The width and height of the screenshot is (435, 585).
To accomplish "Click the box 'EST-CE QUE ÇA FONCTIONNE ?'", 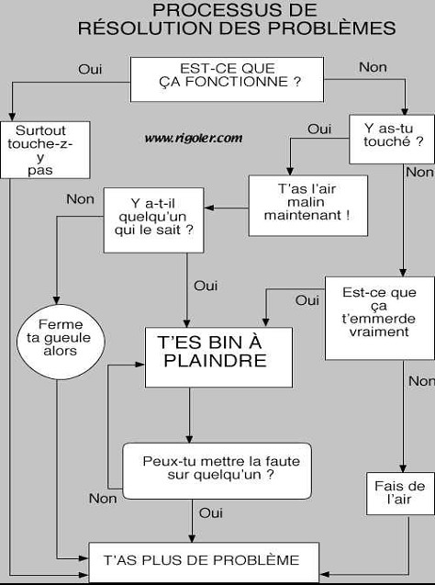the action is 227,80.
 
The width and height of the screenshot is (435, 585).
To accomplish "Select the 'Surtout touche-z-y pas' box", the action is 45,150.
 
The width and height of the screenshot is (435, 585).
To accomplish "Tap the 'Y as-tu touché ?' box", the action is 392,140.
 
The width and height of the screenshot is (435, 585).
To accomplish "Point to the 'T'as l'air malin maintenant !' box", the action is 308,206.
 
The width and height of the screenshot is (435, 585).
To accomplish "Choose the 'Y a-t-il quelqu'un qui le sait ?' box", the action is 153,220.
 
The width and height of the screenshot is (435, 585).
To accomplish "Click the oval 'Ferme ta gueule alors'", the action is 61,342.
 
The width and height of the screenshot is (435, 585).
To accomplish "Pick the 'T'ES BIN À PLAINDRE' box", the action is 218,357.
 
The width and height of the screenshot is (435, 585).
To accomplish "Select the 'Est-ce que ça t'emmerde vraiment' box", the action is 380,319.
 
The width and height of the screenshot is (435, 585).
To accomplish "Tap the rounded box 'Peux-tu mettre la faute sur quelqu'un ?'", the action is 217,471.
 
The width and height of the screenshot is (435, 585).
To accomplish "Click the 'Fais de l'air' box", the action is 400,493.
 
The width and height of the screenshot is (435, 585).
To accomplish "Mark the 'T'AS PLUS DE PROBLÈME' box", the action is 204,562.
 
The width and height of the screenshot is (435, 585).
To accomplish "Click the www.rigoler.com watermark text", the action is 194,138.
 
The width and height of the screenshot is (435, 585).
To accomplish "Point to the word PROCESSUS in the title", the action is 208,10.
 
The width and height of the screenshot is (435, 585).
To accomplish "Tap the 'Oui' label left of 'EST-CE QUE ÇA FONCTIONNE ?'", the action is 90,70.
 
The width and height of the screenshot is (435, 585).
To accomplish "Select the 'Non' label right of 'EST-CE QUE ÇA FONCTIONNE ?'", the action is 373,68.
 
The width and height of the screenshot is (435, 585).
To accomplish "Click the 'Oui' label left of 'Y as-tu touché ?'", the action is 319,129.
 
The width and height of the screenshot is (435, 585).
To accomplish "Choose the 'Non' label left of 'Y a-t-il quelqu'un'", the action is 80,199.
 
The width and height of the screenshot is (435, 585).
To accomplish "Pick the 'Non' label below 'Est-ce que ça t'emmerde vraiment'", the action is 421,381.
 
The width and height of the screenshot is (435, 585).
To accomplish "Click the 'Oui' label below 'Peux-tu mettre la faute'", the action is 211,513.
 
